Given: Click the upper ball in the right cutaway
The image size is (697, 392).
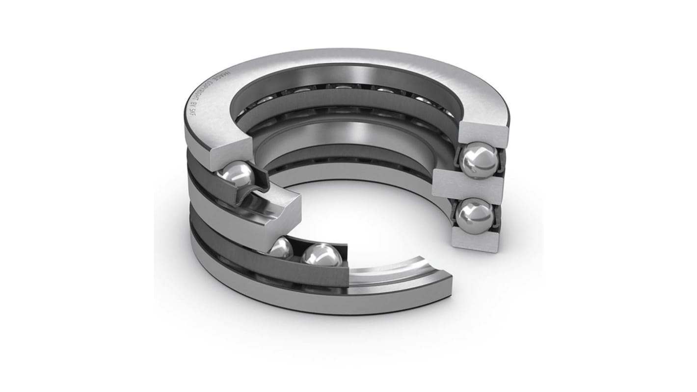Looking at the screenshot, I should click(x=479, y=160).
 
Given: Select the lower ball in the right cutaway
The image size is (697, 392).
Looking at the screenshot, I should click(x=474, y=217).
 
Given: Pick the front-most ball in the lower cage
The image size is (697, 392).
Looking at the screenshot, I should click(x=322, y=256).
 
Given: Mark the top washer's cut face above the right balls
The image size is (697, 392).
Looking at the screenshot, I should click(x=483, y=131).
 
